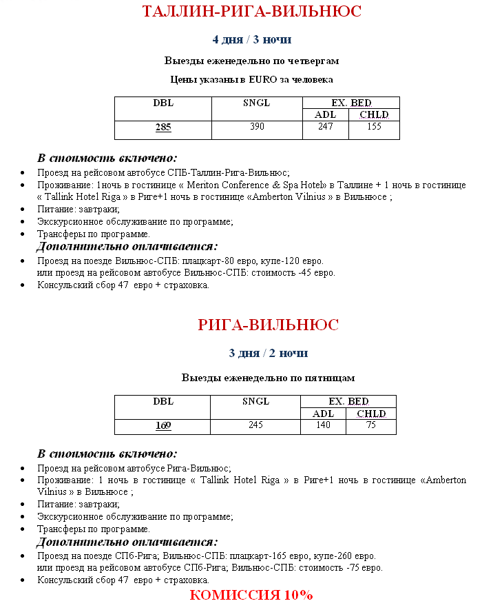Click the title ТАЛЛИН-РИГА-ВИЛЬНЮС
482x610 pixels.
[x=251, y=12]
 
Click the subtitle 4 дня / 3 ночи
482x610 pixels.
[x=251, y=39]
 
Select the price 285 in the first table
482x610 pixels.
[x=163, y=127]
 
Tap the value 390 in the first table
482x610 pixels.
[x=256, y=127]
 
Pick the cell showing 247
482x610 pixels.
[x=325, y=127]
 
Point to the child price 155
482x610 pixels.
[x=374, y=127]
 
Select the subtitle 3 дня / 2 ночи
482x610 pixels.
[x=268, y=353]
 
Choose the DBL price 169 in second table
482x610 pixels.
[x=163, y=425]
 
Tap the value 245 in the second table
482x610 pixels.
[x=255, y=425]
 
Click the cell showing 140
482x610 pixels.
[x=323, y=425]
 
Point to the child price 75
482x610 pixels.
[x=371, y=425]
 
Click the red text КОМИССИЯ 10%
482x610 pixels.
[x=251, y=595]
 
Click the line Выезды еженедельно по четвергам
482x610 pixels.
[x=251, y=61]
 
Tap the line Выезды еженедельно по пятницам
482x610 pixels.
[x=268, y=378]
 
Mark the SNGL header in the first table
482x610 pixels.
[x=256, y=103]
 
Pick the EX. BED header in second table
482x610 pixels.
[x=348, y=401]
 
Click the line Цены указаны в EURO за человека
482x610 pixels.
[x=251, y=80]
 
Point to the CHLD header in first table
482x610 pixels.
[x=374, y=114]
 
